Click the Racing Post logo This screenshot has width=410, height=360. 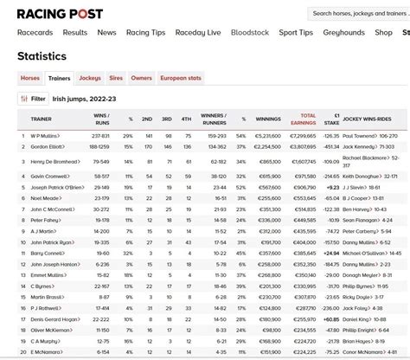(60, 14)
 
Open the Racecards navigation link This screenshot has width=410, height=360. (35, 33)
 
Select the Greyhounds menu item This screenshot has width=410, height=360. (344, 33)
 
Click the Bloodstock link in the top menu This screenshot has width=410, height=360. (249, 33)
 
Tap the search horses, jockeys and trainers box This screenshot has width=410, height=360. (359, 14)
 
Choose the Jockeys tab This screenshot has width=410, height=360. (90, 78)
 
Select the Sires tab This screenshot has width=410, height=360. (116, 78)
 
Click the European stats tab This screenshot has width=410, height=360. (182, 78)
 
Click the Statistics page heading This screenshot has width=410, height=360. (42, 56)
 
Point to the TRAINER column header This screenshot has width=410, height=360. (42, 119)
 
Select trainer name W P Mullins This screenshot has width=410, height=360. (46, 137)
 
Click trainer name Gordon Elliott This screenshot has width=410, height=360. (48, 147)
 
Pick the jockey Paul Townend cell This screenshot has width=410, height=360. (370, 137)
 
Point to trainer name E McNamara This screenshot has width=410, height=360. (47, 352)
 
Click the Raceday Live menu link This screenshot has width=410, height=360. (198, 33)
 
